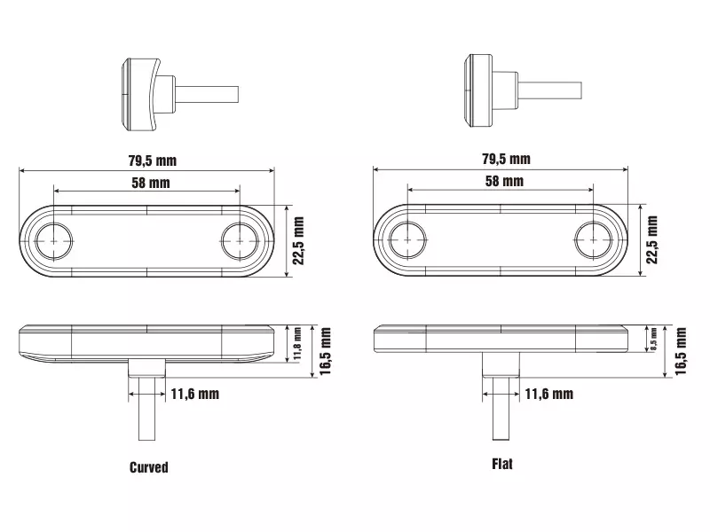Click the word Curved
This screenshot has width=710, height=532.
tap(148, 467)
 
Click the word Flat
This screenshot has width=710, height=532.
tap(502, 464)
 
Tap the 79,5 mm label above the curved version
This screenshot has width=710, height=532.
tap(152, 160)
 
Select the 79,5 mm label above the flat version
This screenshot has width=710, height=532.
tap(506, 159)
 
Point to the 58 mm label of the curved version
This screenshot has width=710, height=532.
tap(151, 183)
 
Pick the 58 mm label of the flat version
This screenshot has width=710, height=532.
tap(504, 181)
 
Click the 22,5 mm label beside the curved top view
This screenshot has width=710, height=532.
tap(298, 240)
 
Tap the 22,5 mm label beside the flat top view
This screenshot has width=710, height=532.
tap(652, 239)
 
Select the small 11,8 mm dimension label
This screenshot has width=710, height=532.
tap(297, 344)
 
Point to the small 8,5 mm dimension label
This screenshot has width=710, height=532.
tap(653, 340)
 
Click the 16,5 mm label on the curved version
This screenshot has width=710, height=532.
tap(326, 351)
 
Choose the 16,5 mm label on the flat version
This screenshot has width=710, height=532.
tap(681, 351)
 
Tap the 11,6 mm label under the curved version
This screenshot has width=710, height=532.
tap(195, 394)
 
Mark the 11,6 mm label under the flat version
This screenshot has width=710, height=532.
tap(549, 394)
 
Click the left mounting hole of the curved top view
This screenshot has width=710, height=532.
tap(54, 241)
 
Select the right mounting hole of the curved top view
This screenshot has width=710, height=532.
tap(240, 241)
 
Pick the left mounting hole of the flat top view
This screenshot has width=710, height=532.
tap(407, 239)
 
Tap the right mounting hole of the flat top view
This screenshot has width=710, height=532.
tap(593, 239)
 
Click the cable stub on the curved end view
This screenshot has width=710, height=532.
tap(207, 95)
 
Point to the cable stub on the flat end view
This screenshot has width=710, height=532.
tap(549, 90)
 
